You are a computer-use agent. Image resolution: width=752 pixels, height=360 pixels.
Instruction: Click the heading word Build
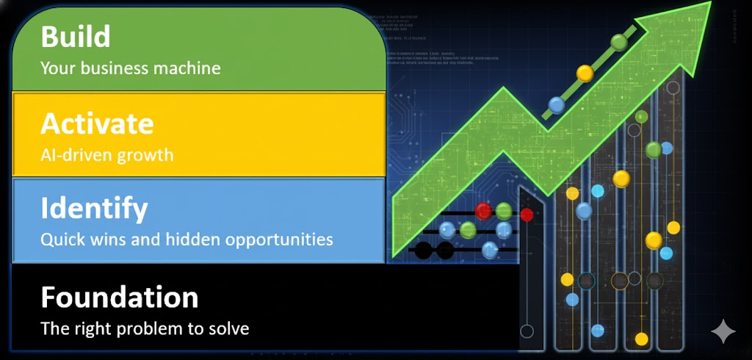point(76,37)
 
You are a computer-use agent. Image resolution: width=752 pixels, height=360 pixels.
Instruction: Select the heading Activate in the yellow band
point(97,123)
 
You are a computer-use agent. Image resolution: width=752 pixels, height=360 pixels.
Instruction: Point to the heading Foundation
point(120,298)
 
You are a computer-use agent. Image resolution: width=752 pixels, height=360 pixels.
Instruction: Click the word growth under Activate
point(149,155)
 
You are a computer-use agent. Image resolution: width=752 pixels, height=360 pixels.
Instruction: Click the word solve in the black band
point(229,328)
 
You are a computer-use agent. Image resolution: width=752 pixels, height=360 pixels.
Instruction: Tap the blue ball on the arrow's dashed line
point(557,105)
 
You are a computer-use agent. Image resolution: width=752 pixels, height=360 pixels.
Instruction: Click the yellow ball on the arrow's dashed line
point(585,73)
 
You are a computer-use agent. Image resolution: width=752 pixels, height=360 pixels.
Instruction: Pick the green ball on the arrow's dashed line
point(620,42)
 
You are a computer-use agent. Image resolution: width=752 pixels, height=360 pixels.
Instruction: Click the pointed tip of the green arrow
point(709,4)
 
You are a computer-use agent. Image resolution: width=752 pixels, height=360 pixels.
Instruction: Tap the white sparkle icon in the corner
point(723,332)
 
